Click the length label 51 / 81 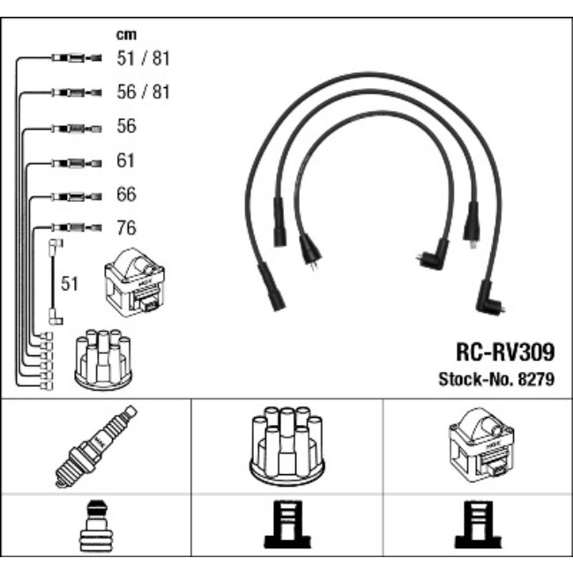click(x=143, y=59)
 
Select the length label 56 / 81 click(x=143, y=93)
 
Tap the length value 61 click(x=127, y=160)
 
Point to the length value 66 click(x=127, y=194)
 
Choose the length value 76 click(x=127, y=227)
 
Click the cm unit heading click(x=126, y=35)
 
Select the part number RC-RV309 click(x=504, y=353)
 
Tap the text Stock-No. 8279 click(x=496, y=380)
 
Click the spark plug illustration click(x=95, y=446)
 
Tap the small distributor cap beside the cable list click(x=104, y=361)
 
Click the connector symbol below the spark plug click(x=95, y=530)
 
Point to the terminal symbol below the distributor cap click(x=286, y=530)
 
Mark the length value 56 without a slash click(x=127, y=127)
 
